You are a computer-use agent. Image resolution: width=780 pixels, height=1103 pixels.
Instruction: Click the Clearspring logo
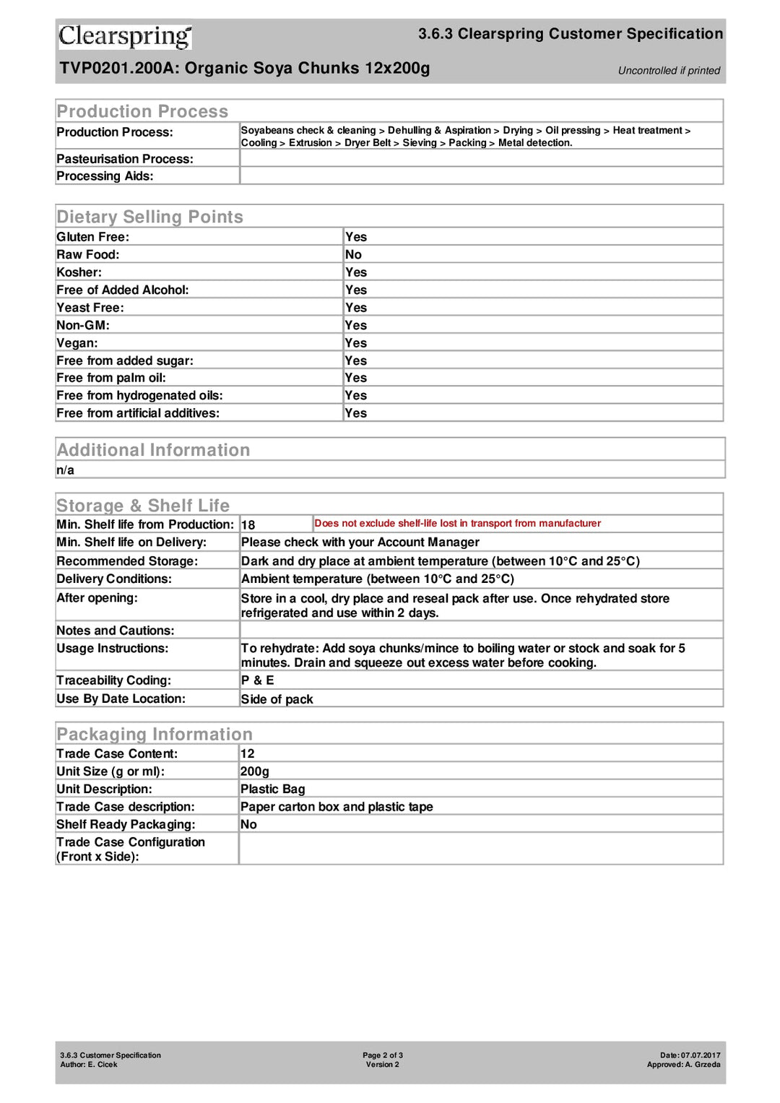tap(125, 36)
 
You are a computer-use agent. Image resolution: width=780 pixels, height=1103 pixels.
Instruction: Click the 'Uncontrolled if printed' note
tap(669, 71)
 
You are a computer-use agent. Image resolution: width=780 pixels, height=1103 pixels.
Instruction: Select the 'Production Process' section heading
tap(142, 111)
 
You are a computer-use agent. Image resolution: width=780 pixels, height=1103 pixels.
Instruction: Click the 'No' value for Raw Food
tap(353, 255)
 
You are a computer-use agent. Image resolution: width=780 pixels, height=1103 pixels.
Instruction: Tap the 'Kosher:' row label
tap(79, 272)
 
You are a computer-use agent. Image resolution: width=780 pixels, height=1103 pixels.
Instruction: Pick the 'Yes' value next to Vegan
tap(356, 343)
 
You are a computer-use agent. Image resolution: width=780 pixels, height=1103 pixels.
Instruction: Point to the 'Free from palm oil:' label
tap(111, 378)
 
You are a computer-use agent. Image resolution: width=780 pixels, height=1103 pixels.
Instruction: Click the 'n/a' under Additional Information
tap(65, 470)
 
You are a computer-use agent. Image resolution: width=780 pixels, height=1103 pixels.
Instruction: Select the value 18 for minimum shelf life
tap(248, 525)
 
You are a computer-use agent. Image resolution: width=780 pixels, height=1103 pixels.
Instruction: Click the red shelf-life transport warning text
tap(457, 524)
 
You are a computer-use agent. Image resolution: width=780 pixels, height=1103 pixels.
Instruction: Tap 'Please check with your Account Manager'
tap(360, 542)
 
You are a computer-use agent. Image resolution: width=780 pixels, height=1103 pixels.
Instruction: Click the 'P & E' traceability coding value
tap(257, 680)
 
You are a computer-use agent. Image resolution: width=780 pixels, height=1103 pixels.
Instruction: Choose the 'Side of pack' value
tap(277, 699)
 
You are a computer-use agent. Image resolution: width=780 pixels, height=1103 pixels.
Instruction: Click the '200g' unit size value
tap(254, 771)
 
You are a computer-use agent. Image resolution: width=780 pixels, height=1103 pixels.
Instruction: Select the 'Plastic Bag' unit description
tap(272, 790)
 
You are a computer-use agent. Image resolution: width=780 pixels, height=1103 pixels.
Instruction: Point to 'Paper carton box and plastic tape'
tap(337, 807)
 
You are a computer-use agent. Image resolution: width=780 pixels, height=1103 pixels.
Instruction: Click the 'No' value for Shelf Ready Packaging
tap(248, 825)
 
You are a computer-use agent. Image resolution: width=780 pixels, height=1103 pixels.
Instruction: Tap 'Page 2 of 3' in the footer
tap(383, 1055)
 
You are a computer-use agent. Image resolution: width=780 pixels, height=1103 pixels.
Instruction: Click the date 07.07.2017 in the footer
tap(700, 1055)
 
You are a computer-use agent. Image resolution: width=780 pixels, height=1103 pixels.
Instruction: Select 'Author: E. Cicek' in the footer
tap(89, 1065)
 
